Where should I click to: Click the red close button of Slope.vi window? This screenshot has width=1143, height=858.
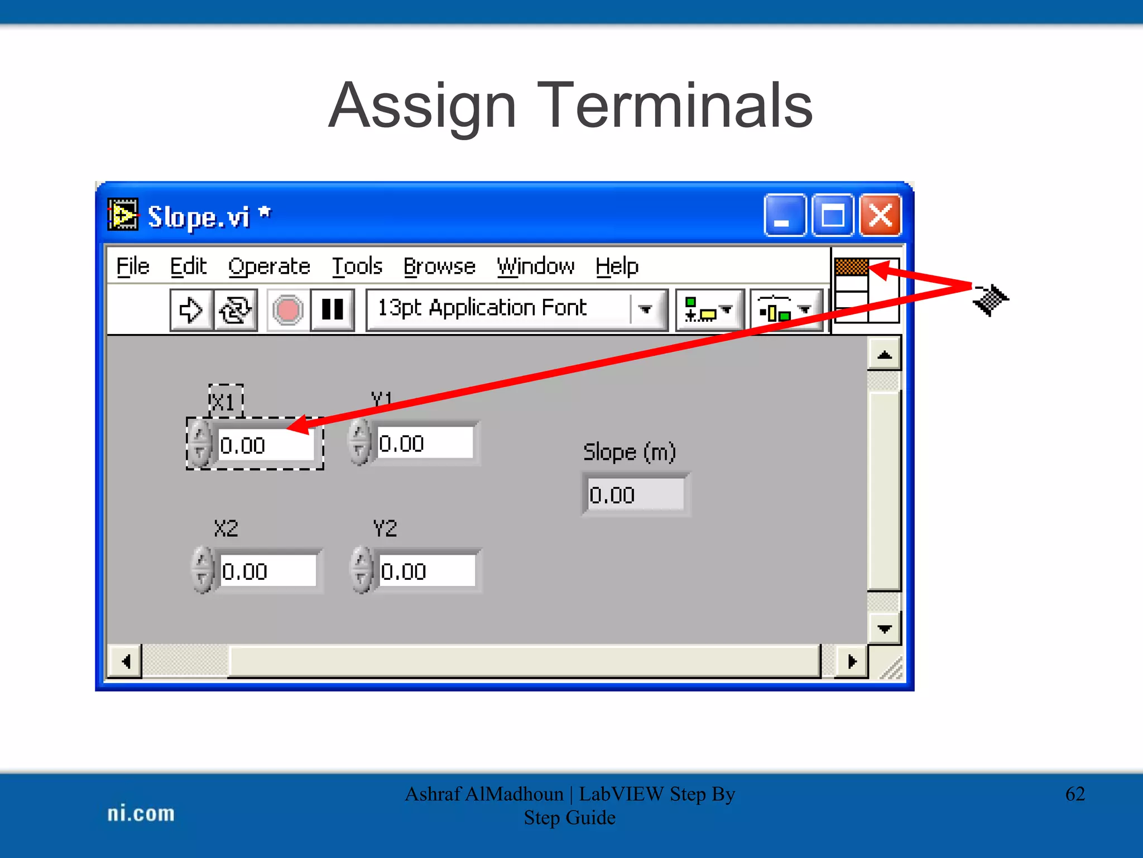coord(880,215)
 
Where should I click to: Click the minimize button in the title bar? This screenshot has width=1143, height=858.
coord(784,215)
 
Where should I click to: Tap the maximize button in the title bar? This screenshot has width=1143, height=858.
coord(832,215)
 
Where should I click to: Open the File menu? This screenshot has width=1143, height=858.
coord(133,266)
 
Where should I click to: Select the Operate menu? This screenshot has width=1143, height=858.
coord(269,266)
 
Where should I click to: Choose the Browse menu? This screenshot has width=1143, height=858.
coord(439,266)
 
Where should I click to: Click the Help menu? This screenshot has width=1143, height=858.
coord(617,266)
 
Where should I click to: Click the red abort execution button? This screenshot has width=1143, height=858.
coord(288,310)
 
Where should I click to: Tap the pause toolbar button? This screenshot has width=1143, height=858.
coord(333,310)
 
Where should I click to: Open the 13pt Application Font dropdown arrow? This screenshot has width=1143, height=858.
coord(646,309)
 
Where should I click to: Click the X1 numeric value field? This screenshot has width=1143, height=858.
coord(265,445)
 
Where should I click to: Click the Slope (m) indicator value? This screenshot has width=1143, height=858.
coord(635,495)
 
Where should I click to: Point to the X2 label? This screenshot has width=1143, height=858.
coord(226,528)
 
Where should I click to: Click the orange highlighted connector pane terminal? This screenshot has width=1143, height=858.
coord(852,266)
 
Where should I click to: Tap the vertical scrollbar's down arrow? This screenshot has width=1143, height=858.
coord(885,629)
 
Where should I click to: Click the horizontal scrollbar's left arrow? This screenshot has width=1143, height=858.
coord(126,662)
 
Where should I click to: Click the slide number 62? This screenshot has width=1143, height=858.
coord(1075,794)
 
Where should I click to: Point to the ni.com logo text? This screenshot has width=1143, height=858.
coord(141,813)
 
